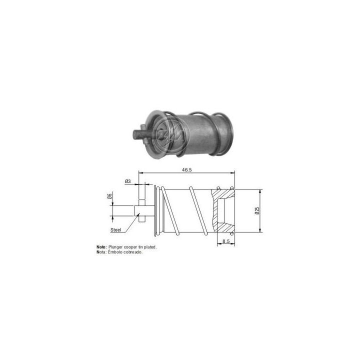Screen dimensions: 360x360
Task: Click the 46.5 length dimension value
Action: tap(186, 170)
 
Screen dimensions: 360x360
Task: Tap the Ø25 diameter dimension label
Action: tap(256, 211)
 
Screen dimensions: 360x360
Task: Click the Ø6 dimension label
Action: tap(109, 196)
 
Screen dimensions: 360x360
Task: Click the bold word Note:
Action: tap(101, 247)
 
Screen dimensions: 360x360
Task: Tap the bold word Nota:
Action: tap(101, 252)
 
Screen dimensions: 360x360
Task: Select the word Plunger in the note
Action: tap(115, 247)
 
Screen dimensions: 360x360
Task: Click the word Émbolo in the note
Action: tap(116, 252)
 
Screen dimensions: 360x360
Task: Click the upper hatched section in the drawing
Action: tap(218, 194)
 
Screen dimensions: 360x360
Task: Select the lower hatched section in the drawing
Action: tap(218, 226)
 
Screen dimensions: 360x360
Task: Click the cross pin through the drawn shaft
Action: tap(141, 210)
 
